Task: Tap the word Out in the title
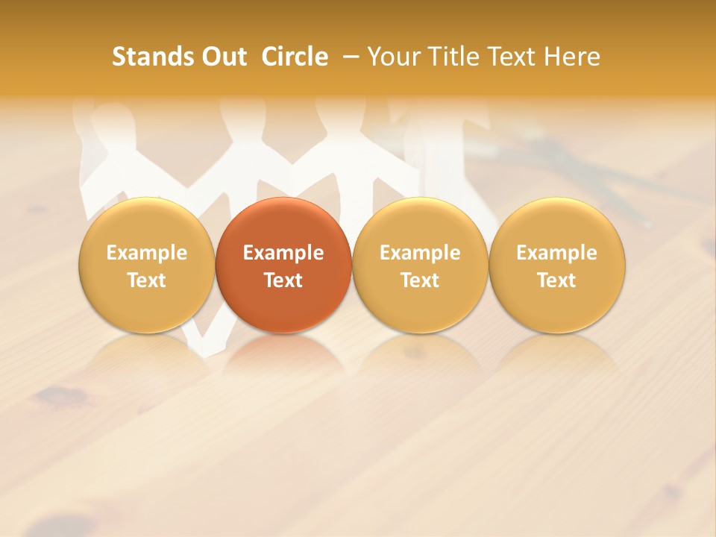pyautogui.click(x=222, y=57)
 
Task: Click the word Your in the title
pyautogui.click(x=392, y=57)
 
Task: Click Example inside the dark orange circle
pyautogui.click(x=283, y=253)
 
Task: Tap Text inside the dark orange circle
pyautogui.click(x=283, y=280)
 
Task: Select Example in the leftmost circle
pyautogui.click(x=147, y=253)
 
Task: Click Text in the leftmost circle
pyautogui.click(x=147, y=280)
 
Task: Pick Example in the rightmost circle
pyautogui.click(x=557, y=253)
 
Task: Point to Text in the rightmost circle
pyautogui.click(x=557, y=280)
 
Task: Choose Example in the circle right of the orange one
pyautogui.click(x=420, y=253)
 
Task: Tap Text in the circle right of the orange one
pyautogui.click(x=420, y=280)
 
